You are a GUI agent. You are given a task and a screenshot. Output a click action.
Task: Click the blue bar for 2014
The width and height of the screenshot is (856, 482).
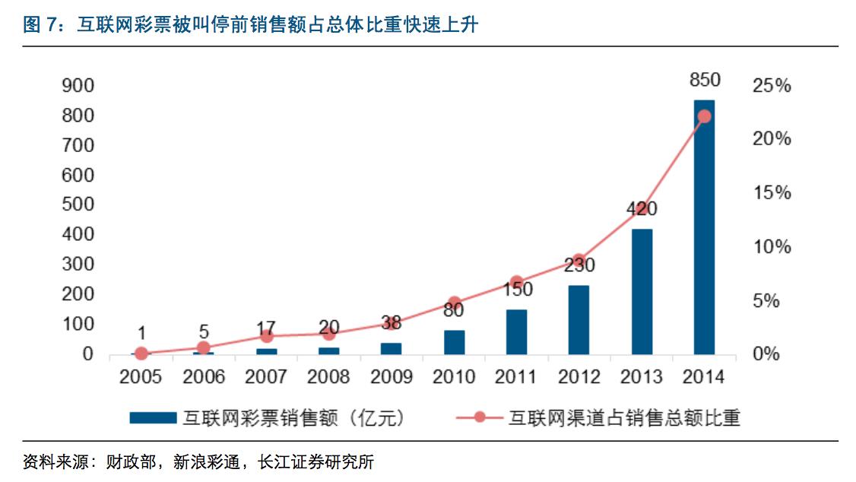pos(704,228)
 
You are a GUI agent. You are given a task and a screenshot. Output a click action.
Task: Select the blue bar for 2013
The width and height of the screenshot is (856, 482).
pos(642,292)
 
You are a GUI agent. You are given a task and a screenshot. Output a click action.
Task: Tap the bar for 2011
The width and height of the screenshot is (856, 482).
pos(516,332)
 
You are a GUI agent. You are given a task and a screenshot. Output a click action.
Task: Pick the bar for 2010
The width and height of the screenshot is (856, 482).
pos(454,342)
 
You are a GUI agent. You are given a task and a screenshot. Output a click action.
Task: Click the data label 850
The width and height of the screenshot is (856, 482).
pos(704,80)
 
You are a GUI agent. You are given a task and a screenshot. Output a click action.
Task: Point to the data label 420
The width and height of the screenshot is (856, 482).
pos(642,209)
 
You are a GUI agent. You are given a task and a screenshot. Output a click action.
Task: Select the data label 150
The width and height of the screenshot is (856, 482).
pos(517,290)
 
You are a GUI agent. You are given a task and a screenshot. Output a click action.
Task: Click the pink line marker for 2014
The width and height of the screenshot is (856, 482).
pos(704,116)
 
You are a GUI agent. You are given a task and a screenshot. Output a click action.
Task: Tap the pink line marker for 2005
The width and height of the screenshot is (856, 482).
pos(141,354)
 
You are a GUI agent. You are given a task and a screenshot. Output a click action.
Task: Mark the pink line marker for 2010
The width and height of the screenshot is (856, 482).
pos(455,303)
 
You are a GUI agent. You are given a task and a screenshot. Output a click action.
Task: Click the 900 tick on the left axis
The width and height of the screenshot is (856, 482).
pos(78,86)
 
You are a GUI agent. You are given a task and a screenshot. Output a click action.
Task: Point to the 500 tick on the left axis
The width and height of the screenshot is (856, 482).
pos(78,205)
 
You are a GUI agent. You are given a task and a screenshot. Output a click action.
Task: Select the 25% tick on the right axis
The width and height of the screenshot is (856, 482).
pos(771,86)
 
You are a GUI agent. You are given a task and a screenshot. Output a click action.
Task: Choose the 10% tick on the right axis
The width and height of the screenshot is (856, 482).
pos(771,247)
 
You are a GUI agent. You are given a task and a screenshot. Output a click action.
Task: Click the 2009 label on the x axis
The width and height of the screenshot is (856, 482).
pos(392,376)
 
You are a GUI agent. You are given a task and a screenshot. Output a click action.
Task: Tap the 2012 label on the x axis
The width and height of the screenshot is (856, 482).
pos(579,376)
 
